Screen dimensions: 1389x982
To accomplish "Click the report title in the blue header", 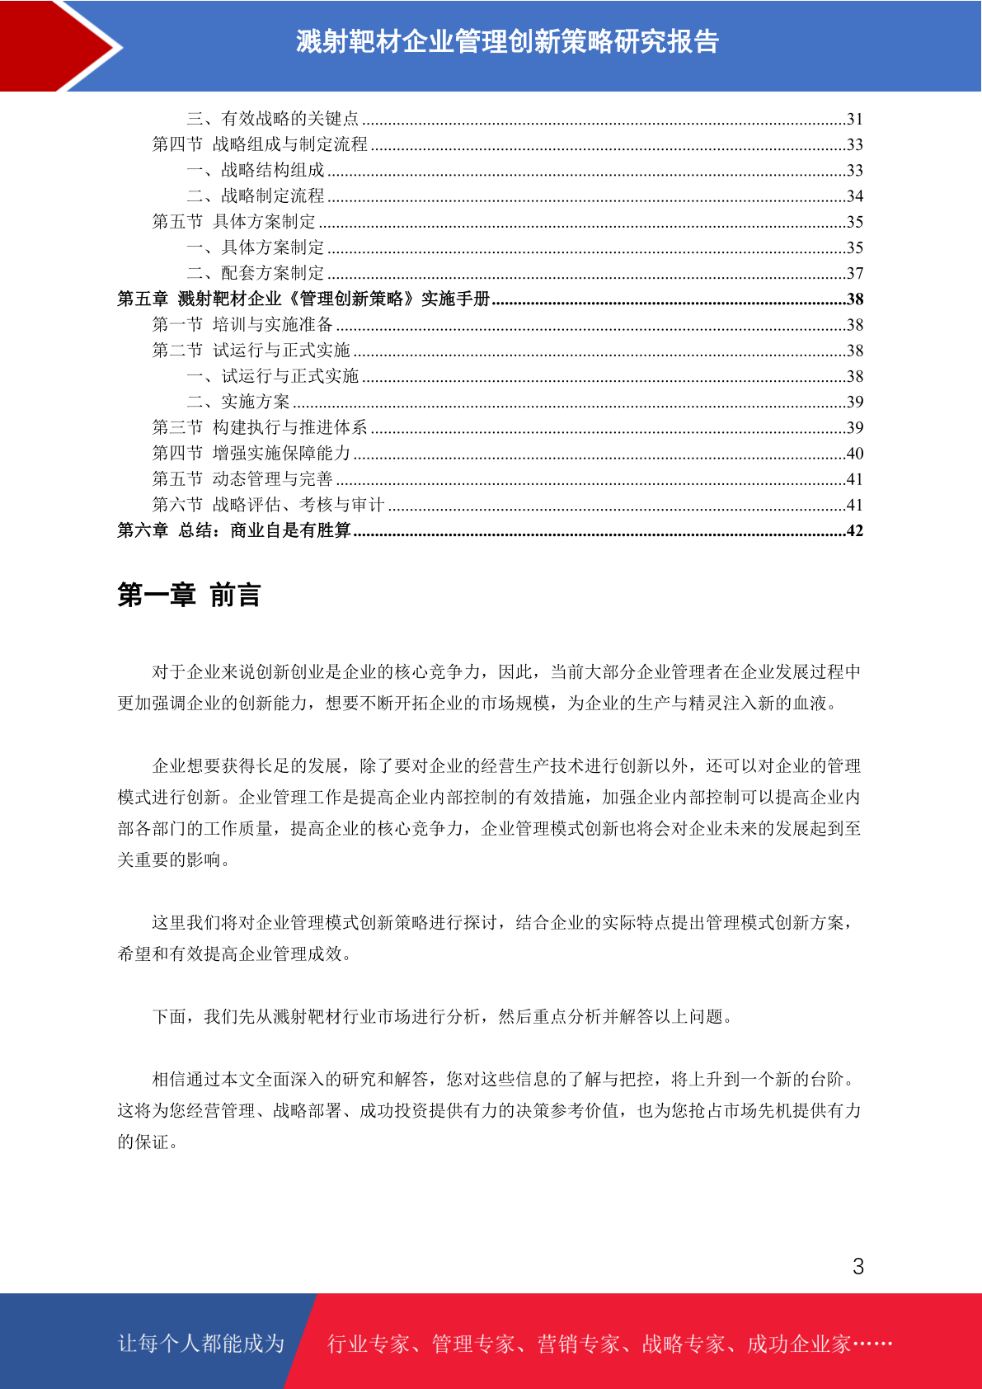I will tap(507, 41).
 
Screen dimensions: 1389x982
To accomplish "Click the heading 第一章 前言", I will tap(189, 595).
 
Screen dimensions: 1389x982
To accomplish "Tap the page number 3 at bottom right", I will tap(857, 1267).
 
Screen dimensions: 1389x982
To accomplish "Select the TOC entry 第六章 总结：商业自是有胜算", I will tap(234, 530).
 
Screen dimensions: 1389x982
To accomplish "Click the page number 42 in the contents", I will tap(854, 530).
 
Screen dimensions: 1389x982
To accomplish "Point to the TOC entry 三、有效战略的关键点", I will tap(272, 119).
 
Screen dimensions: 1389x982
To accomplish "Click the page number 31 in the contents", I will tap(854, 119).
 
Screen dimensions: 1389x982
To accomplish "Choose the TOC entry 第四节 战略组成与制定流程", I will tap(260, 144).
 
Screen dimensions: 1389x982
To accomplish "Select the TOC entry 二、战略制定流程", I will tap(256, 196).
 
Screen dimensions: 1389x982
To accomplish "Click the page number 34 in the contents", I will tap(854, 196).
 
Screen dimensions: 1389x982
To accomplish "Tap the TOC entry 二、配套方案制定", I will tap(256, 273).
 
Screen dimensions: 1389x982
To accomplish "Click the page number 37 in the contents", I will tap(854, 273).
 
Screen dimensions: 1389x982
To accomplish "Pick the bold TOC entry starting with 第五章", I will tap(303, 299).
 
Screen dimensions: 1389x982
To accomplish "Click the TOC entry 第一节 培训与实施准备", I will tap(242, 325).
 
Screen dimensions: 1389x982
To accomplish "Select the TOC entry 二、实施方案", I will tap(238, 402).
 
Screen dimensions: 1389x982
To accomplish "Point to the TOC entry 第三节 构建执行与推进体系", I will tap(260, 427).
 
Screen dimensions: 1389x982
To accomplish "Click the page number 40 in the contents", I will tap(854, 454).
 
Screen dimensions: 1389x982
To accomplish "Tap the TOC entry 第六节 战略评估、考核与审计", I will tap(268, 505).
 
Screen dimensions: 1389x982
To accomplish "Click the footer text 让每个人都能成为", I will tap(201, 1344).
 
